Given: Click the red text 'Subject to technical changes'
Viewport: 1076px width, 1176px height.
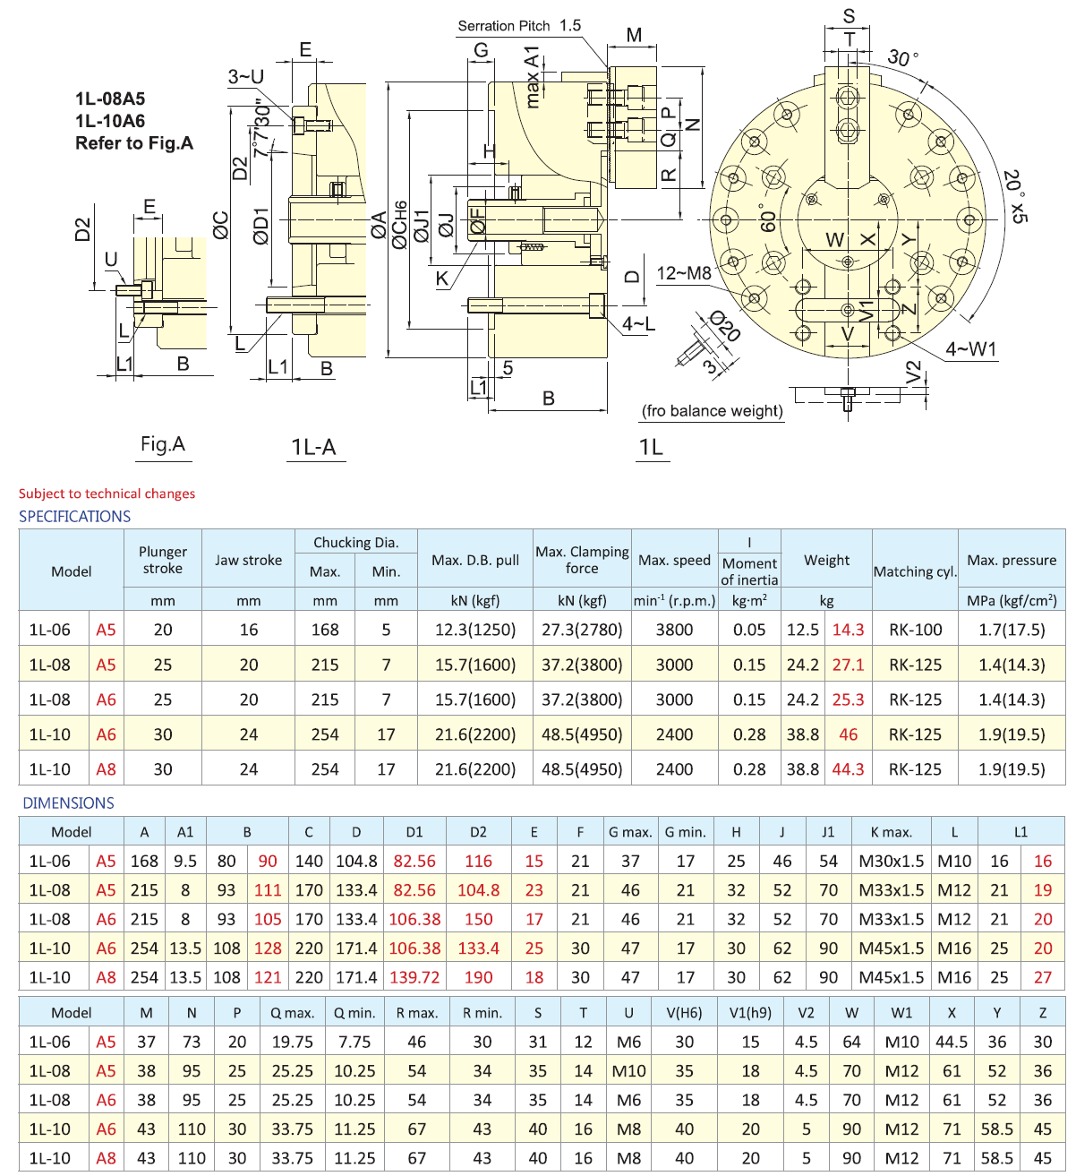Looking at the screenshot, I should [107, 494].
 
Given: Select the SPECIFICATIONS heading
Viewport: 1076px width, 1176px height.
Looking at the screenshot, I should [74, 517].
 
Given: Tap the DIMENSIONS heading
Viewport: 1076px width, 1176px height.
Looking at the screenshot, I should [69, 803].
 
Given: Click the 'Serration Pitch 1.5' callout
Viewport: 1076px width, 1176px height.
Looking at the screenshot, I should [519, 26].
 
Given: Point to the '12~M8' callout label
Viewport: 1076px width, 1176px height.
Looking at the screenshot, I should [684, 273].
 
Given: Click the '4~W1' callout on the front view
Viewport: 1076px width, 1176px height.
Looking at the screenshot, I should [970, 349].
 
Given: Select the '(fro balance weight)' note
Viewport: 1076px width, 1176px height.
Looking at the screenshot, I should [713, 411].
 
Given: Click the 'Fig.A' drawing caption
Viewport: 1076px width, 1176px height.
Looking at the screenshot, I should [163, 444].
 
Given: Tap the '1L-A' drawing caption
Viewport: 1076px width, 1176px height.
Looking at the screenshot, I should [313, 447].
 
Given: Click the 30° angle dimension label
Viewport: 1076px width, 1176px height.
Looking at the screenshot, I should [902, 59].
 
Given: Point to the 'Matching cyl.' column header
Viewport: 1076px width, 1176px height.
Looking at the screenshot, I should [915, 571].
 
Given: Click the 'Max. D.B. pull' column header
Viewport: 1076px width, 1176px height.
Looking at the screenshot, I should [475, 560].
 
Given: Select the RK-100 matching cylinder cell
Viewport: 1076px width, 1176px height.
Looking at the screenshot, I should [915, 630].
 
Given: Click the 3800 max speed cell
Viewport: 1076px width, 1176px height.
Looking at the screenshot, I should [674, 630].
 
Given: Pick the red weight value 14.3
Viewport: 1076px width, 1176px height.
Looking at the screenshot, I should [848, 630].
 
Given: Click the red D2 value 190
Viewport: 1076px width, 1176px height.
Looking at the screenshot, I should [478, 977].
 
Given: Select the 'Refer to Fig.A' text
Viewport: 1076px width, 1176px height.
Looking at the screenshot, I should [134, 143].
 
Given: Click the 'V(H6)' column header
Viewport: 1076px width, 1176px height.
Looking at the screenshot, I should [684, 1013].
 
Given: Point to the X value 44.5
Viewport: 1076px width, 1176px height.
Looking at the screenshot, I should [951, 1042].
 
